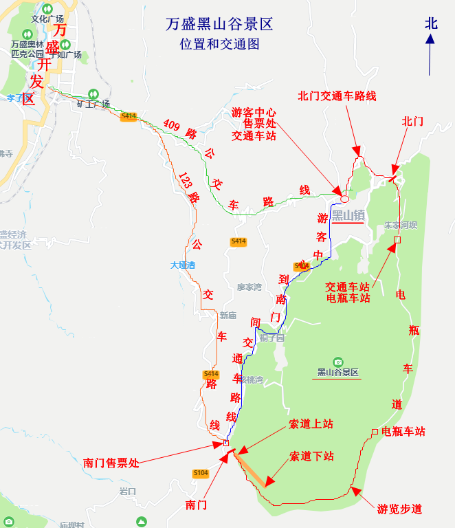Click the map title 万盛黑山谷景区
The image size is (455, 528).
click(219, 25)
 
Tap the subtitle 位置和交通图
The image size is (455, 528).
click(219, 43)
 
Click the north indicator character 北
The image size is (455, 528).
click(431, 23)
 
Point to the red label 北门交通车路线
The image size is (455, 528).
click(337, 96)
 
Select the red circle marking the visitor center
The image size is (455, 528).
click(344, 199)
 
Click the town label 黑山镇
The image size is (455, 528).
click(348, 215)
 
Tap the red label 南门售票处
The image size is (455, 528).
click(111, 463)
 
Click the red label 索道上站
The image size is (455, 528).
click(311, 424)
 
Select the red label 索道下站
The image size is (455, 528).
click(311, 456)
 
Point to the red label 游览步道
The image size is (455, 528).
click(399, 509)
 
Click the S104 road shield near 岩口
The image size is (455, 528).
click(200, 473)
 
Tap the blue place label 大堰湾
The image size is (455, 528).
click(183, 265)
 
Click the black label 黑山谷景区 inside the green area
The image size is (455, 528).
click(337, 373)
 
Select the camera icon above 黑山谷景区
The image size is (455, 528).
click(337, 362)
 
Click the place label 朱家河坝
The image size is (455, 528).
click(401, 225)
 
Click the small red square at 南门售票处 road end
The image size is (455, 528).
click(226, 443)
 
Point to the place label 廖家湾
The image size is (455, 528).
click(249, 287)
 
